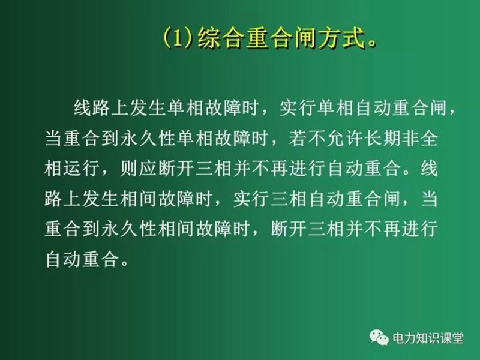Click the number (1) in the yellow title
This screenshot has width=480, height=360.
pos(178,38)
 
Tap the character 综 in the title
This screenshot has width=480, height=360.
pos(209,38)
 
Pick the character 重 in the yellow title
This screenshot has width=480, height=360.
pos(258,38)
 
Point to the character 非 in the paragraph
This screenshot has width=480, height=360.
pos(411,139)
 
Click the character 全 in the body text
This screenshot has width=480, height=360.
pos(429,139)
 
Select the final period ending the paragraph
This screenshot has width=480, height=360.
pos(124,264)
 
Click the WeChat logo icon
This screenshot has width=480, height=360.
pos(379,337)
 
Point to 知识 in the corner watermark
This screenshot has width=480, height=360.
pos(428,338)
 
